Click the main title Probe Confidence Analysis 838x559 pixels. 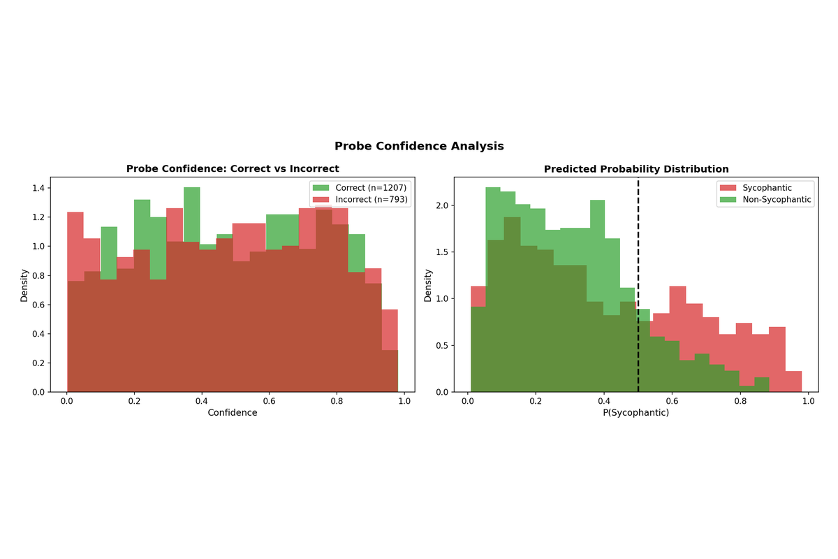pyautogui.click(x=419, y=146)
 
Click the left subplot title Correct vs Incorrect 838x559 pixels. pyautogui.click(x=233, y=168)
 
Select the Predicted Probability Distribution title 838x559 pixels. pyautogui.click(x=636, y=169)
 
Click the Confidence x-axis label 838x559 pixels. pyautogui.click(x=233, y=412)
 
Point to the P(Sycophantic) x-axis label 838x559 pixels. pyautogui.click(x=636, y=412)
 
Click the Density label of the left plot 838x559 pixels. pyautogui.click(x=24, y=284)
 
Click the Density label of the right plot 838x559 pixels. pyautogui.click(x=428, y=284)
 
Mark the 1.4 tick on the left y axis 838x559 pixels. pyautogui.click(x=39, y=188)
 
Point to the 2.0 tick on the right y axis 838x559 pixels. pyautogui.click(x=443, y=205)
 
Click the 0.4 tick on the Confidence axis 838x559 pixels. pyautogui.click(x=202, y=402)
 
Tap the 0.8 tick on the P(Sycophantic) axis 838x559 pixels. pyautogui.click(x=740, y=402)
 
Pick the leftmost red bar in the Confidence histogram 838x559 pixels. pyautogui.click(x=75, y=300)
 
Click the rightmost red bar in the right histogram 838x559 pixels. pyautogui.click(x=793, y=382)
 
